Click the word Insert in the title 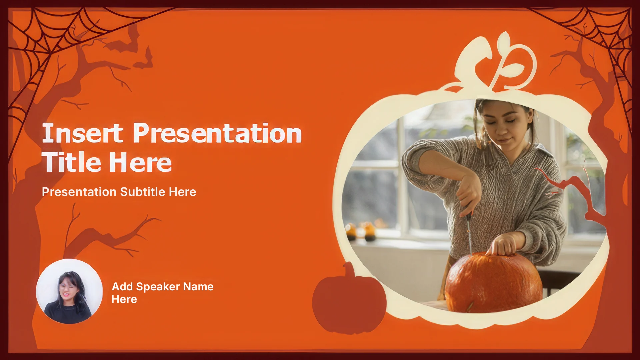[82, 133]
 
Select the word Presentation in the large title [217, 133]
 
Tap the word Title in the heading [71, 162]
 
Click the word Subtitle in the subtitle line [143, 192]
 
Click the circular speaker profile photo [69, 291]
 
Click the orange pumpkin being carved [493, 283]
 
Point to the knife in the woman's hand [468, 230]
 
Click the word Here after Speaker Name [124, 299]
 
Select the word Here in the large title [140, 162]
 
